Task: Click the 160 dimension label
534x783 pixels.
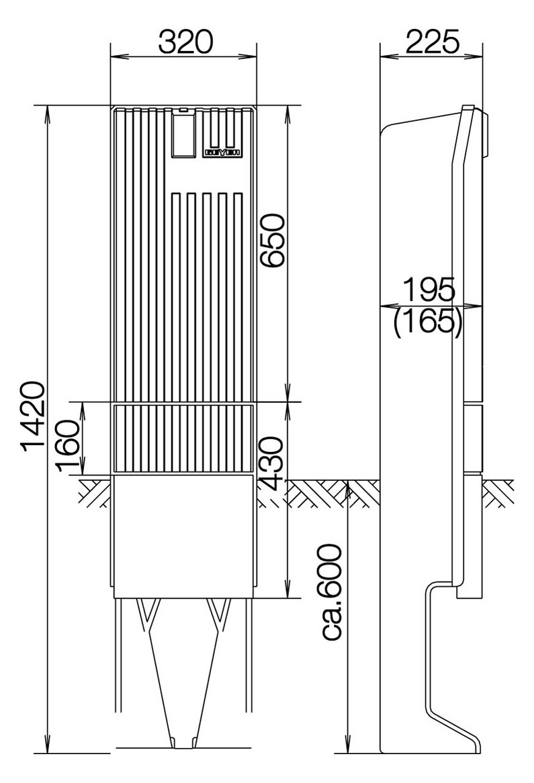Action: [69, 438]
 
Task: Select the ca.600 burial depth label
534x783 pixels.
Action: [331, 592]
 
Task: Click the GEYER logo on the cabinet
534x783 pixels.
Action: [222, 152]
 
